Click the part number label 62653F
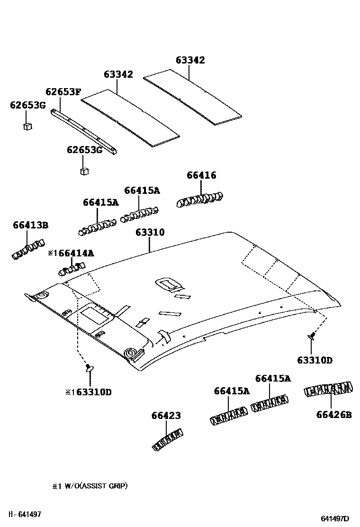(x=63, y=91)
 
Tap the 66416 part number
(x=201, y=175)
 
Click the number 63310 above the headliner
(x=150, y=232)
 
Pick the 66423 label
(x=166, y=416)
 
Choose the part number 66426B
(x=334, y=415)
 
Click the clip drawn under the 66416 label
(x=200, y=198)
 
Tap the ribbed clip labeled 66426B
(x=328, y=390)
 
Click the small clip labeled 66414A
(x=71, y=269)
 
